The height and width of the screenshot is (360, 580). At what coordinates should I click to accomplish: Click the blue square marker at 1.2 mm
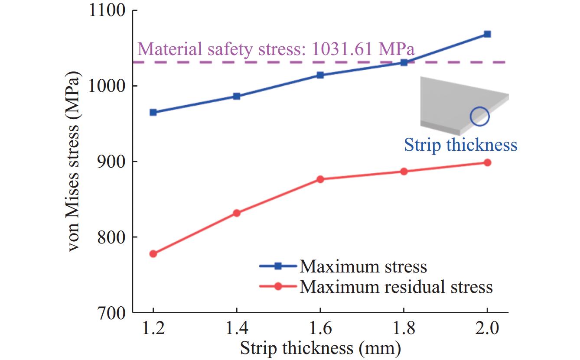click(x=153, y=112)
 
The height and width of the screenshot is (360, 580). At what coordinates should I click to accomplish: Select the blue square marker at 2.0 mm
click(x=487, y=34)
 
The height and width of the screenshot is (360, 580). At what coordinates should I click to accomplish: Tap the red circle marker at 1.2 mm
click(x=153, y=254)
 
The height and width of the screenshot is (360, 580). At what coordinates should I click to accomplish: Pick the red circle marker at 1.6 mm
click(x=320, y=179)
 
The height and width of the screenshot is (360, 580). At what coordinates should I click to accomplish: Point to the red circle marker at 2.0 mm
click(x=487, y=162)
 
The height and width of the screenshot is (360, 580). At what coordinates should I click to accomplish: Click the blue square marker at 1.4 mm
click(x=237, y=96)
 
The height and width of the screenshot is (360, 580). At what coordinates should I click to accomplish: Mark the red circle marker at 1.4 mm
click(x=237, y=213)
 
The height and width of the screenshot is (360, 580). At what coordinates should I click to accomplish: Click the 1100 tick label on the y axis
click(x=107, y=10)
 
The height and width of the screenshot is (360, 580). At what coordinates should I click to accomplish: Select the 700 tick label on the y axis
click(x=111, y=312)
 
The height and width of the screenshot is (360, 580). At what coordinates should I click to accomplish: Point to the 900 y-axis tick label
click(x=111, y=162)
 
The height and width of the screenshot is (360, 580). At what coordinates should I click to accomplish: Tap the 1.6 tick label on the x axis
click(x=320, y=328)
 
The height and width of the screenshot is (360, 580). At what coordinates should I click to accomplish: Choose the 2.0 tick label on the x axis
click(x=487, y=328)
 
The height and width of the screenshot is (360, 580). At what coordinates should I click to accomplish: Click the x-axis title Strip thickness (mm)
click(x=320, y=348)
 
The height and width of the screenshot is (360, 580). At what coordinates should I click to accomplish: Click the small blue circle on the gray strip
click(x=479, y=117)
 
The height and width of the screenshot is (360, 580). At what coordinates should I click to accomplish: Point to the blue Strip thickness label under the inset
click(x=460, y=145)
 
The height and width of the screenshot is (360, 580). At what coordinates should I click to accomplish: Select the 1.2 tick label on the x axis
click(x=153, y=328)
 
